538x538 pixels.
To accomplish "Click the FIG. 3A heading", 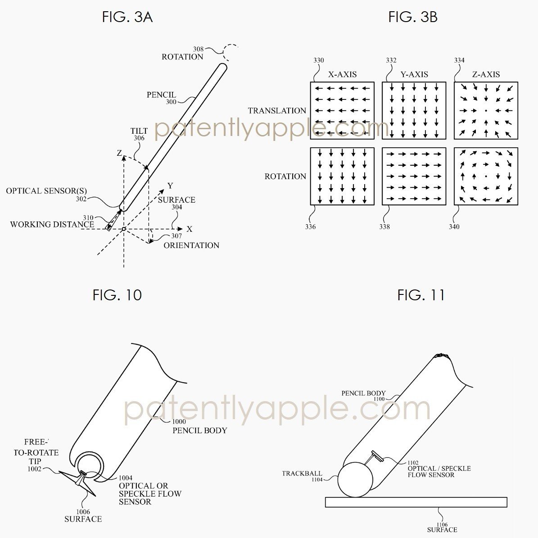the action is coord(127,17).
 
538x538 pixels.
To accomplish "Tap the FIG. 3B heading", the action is coord(413,17).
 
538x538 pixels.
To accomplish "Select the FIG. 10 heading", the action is coord(117,295).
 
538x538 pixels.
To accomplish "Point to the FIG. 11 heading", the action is coord(420,295).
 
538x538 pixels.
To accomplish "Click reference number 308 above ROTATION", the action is coord(199,49).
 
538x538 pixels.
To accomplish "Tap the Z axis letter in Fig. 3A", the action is coord(119,153).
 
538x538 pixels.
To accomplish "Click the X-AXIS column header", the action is coord(343,74).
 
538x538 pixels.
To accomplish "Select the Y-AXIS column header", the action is coord(414,74).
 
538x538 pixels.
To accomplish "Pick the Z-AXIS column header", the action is coord(486,74).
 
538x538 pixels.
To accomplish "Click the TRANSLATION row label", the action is coord(277,111).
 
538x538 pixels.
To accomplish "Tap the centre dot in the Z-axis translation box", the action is coord(486,111).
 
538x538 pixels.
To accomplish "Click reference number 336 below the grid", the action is coord(311,227).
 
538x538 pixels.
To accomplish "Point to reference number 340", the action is coord(454,227).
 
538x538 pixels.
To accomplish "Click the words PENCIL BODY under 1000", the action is coord(200,430).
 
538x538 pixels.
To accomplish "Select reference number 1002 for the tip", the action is coord(34,469).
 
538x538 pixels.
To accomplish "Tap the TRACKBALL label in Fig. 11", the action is coord(302,474).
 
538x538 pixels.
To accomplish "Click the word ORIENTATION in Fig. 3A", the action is coord(191,245).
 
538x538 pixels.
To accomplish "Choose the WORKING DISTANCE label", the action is coord(52,224).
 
